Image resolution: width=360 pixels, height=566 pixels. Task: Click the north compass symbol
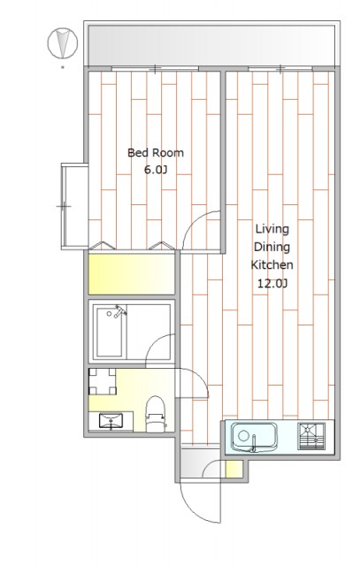click(x=63, y=43)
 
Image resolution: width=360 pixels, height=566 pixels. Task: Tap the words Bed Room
click(x=156, y=153)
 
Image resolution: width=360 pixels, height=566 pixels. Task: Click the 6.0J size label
click(x=156, y=170)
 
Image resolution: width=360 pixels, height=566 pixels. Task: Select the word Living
click(x=272, y=230)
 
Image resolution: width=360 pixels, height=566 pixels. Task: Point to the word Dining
click(x=272, y=248)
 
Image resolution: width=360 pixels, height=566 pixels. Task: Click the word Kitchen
click(x=272, y=264)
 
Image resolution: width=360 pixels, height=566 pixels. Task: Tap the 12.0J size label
click(x=272, y=283)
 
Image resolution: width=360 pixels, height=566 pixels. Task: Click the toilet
click(x=156, y=414)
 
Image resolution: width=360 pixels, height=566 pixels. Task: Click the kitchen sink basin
click(x=254, y=438)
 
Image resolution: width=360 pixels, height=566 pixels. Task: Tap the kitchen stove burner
click(x=311, y=436)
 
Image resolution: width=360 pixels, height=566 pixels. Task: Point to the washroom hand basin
click(x=111, y=422)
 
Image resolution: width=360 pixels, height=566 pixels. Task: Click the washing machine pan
click(x=103, y=381)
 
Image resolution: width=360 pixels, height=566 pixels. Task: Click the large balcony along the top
click(x=211, y=45)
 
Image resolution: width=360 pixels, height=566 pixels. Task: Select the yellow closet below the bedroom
click(x=132, y=274)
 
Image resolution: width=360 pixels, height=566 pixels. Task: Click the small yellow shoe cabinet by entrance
click(x=234, y=469)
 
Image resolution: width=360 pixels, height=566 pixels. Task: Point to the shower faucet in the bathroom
click(x=119, y=311)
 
